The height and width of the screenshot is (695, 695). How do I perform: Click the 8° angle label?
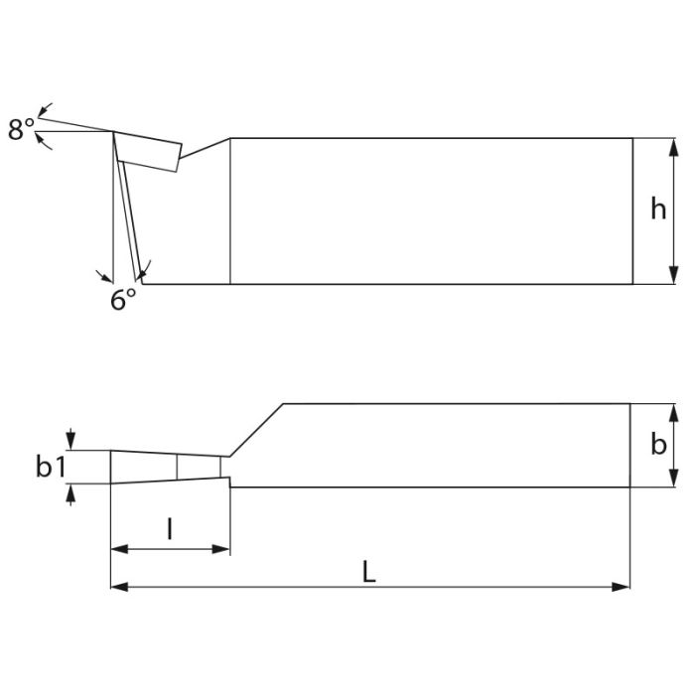pos(22,129)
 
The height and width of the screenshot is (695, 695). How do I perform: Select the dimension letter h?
pos(658,209)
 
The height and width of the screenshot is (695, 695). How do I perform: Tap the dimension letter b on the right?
pos(658,445)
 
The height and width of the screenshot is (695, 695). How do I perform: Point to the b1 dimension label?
pos(51,467)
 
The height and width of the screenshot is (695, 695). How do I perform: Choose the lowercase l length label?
pos(170,529)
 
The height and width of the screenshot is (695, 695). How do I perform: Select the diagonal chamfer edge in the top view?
pos(258,430)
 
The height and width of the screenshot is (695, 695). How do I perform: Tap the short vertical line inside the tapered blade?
pos(177,467)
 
